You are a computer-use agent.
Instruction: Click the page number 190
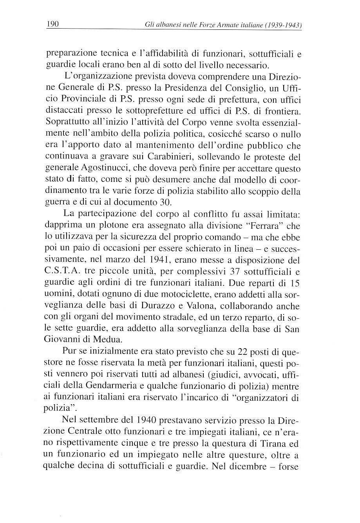pos(52,25)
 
